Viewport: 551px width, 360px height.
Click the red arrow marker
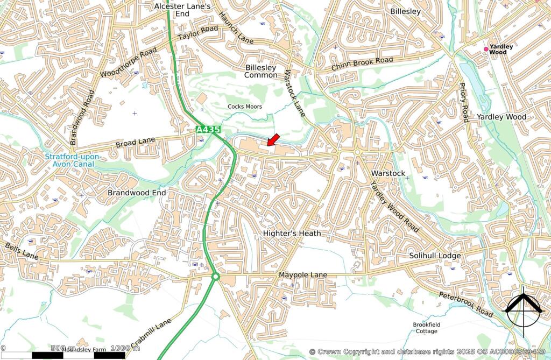tap(273, 140)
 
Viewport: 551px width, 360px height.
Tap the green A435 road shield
tap(208, 130)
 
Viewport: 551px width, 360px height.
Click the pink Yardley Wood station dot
tap(486, 49)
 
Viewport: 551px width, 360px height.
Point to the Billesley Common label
tap(261, 71)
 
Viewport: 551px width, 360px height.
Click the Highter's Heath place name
tap(292, 233)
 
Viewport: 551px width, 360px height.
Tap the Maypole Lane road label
tap(302, 275)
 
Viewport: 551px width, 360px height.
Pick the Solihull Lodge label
tap(435, 256)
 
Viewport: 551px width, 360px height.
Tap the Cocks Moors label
tap(245, 107)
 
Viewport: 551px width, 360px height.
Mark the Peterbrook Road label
tap(465, 304)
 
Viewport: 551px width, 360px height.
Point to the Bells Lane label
tap(22, 251)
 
